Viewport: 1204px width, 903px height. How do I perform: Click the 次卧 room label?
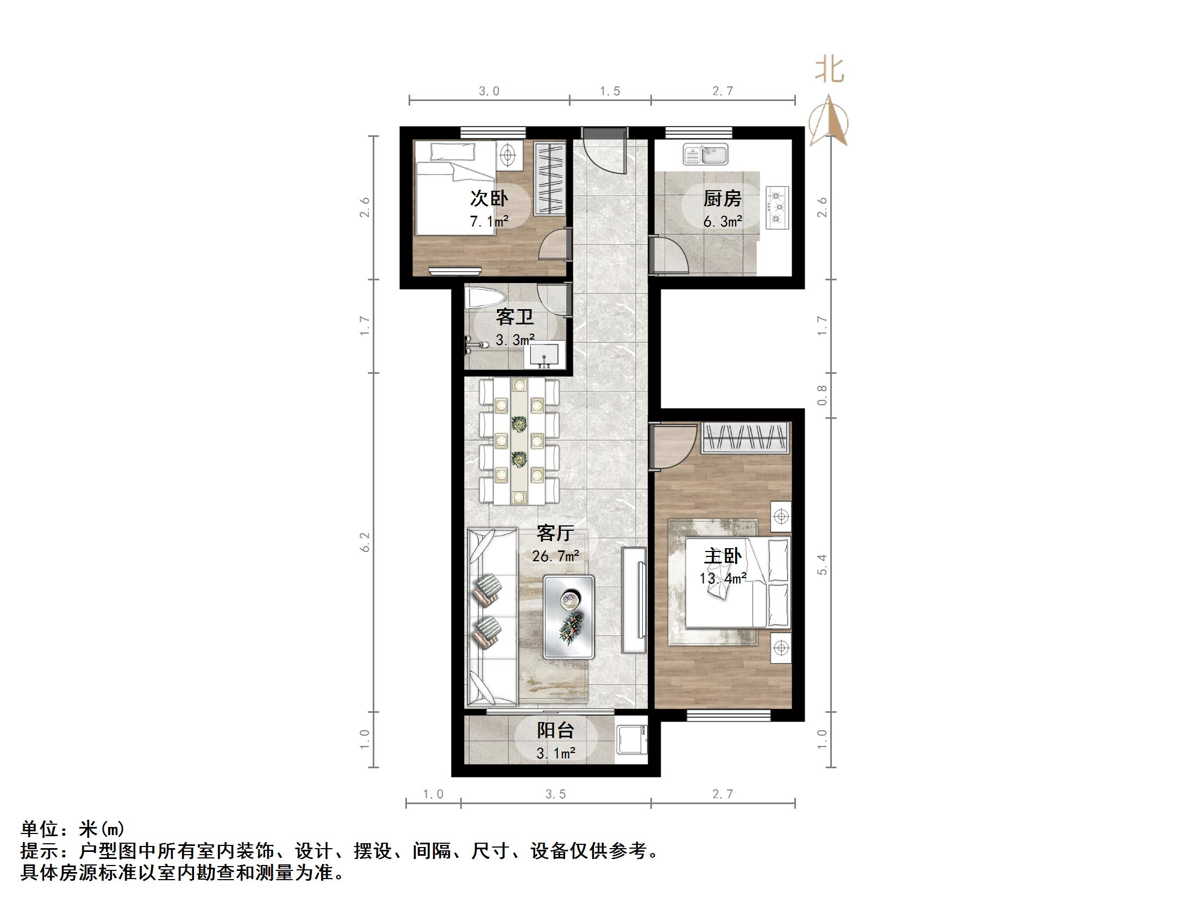click(488, 198)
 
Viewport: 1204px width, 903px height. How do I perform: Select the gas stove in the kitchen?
click(777, 207)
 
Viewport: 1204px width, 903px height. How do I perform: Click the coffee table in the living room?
click(569, 617)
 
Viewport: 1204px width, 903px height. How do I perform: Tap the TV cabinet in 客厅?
click(634, 600)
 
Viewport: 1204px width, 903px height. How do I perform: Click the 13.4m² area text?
click(723, 579)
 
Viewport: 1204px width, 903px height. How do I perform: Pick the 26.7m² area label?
click(555, 556)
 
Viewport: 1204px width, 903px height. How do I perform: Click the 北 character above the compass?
click(829, 70)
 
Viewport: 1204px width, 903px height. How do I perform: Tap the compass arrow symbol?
click(829, 121)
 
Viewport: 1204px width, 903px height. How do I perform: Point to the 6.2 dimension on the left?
click(365, 542)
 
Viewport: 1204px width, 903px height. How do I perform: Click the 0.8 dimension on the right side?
click(822, 395)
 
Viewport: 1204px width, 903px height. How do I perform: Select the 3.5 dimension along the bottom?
click(556, 795)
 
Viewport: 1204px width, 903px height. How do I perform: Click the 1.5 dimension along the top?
click(610, 91)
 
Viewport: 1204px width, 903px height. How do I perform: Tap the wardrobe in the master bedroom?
click(745, 438)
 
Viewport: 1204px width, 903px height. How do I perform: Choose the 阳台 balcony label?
click(555, 730)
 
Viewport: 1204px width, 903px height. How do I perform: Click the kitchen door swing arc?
click(671, 256)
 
